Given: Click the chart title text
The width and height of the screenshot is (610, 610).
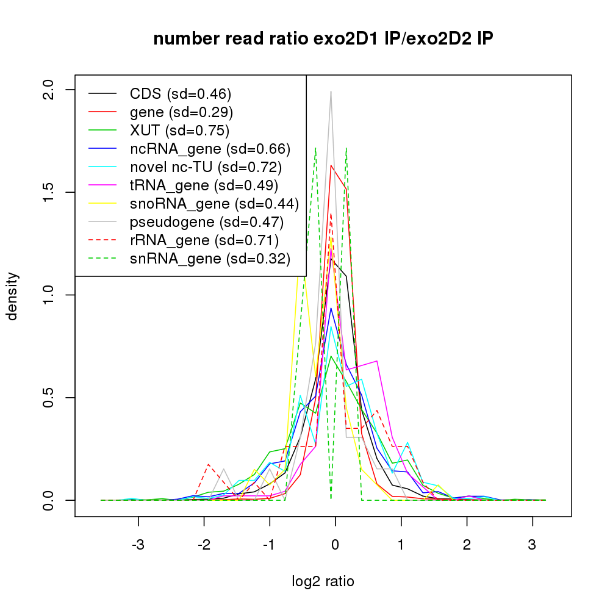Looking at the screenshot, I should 323,39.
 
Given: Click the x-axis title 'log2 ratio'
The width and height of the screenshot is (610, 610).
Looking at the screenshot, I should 323,581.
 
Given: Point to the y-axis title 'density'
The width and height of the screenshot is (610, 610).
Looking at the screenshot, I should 12,295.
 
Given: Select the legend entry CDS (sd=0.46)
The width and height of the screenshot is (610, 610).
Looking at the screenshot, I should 181,94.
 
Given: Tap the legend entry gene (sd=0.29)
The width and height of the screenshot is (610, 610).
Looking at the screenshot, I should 181,112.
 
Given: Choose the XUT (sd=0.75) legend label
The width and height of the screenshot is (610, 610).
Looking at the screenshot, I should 179,131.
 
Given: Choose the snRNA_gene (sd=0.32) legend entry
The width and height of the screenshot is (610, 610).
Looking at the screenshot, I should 209,259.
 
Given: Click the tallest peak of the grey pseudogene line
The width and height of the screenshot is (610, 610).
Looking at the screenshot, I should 331,92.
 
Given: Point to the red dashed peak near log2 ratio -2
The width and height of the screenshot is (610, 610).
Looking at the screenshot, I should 209,465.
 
